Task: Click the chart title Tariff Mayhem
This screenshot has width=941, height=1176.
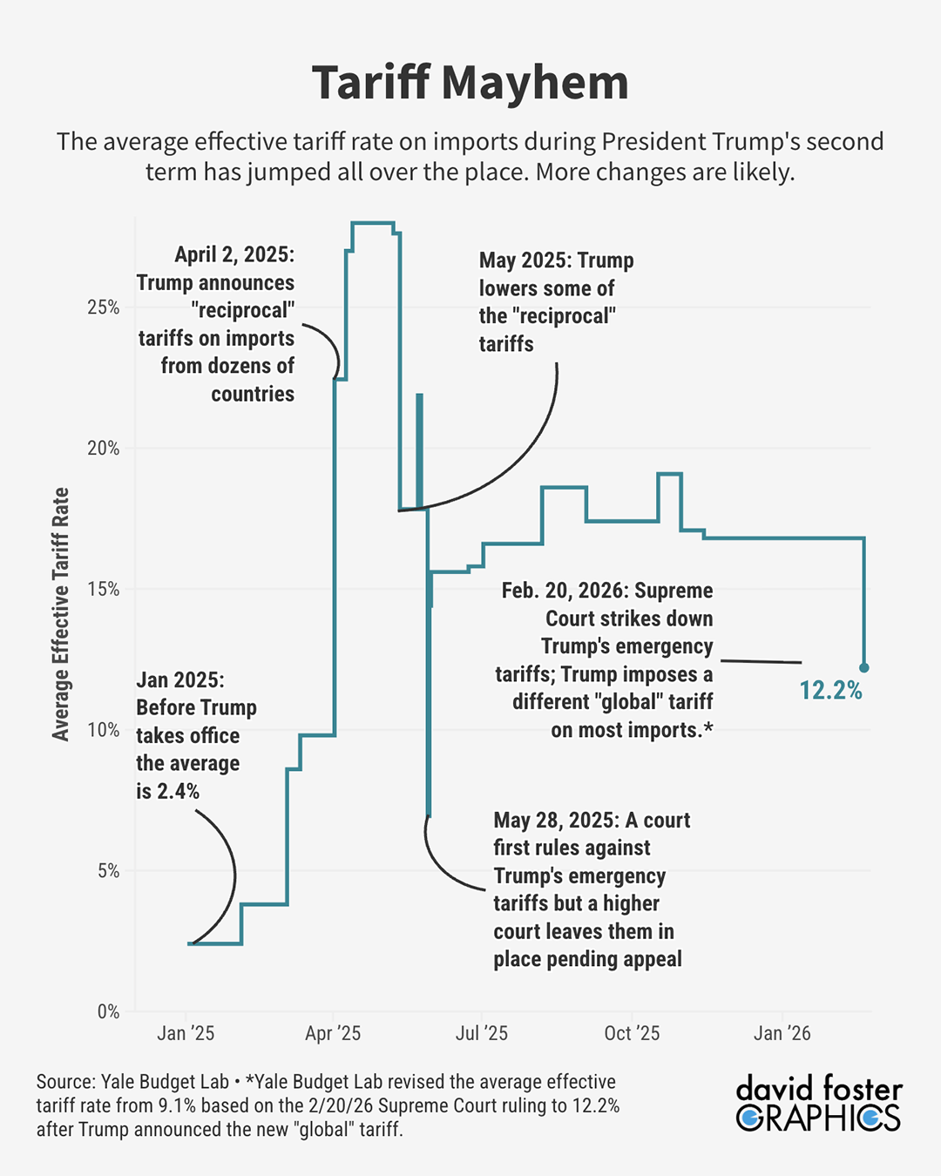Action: [470, 83]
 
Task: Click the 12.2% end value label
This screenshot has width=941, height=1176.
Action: [830, 691]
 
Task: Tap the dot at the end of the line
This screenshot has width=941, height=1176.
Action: [864, 668]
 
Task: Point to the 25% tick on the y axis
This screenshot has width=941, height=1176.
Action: [104, 308]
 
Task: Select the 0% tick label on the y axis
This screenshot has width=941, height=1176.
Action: [108, 1011]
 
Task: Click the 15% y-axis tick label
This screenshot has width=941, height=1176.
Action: [104, 589]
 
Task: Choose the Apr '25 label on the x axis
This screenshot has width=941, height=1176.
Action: [333, 1033]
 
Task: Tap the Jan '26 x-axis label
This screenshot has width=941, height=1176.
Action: [782, 1033]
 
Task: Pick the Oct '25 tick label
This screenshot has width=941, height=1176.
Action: [632, 1033]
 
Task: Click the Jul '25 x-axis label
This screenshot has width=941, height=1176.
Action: [482, 1033]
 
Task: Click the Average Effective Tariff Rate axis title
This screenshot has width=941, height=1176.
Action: [60, 614]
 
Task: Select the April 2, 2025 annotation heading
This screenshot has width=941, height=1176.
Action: [234, 254]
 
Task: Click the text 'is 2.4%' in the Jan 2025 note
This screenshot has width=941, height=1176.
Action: [167, 791]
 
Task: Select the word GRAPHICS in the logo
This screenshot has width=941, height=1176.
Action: [818, 1118]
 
